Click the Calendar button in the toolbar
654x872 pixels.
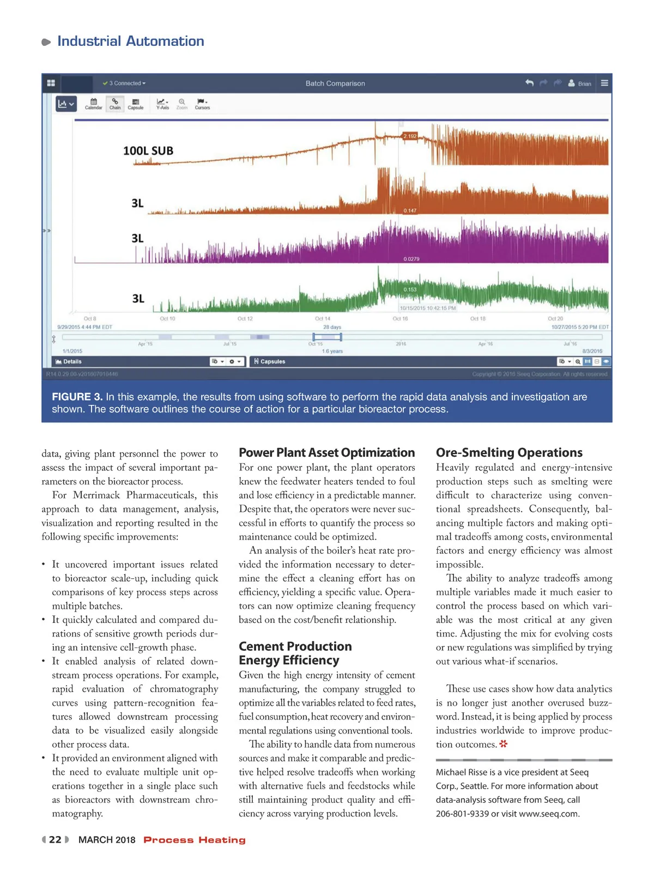[93, 104]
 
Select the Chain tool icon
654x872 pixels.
[114, 104]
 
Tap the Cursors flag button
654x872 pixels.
[202, 104]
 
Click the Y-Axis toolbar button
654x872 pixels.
[162, 104]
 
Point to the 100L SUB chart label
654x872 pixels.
[148, 151]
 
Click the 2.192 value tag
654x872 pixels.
[409, 136]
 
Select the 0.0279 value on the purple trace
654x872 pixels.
[411, 259]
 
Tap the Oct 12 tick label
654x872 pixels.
[245, 319]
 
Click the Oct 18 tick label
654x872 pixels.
[477, 319]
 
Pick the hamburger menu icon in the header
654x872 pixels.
[604, 83]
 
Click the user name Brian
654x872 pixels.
[584, 84]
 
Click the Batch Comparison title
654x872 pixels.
[335, 83]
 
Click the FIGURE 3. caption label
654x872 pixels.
[77, 397]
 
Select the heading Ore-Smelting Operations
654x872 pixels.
[509, 452]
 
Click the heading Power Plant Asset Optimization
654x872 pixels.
[326, 452]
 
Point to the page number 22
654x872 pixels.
[55, 840]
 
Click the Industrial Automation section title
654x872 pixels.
[130, 41]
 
